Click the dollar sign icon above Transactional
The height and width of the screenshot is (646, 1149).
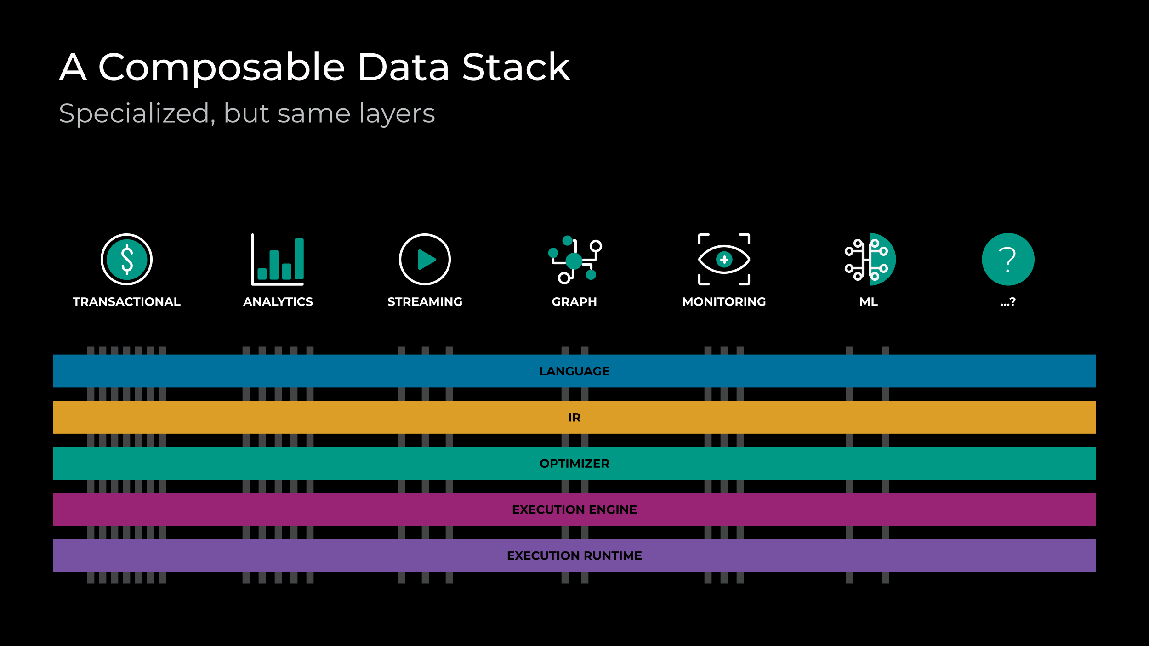126,259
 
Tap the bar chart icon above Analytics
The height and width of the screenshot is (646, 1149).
278,259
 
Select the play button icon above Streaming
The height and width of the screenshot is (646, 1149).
425,259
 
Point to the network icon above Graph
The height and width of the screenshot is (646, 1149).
574,260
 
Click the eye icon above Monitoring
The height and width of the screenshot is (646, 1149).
724,260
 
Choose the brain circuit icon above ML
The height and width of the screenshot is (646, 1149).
870,260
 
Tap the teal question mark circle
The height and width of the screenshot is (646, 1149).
1008,259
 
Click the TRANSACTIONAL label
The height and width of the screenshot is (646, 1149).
126,302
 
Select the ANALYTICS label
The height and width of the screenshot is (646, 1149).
278,302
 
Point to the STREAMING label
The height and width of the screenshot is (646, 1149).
425,302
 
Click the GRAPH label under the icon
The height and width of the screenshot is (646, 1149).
574,302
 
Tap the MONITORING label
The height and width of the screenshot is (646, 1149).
724,302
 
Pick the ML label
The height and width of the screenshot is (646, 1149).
869,302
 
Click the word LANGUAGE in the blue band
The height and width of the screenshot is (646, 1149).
574,371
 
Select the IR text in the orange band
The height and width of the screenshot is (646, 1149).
574,418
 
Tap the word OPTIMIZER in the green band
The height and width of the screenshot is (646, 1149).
574,464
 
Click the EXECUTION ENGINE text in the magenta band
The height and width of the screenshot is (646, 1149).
574,510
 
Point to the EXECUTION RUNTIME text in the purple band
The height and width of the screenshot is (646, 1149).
574,555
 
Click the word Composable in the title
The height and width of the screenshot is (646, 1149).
222,68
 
